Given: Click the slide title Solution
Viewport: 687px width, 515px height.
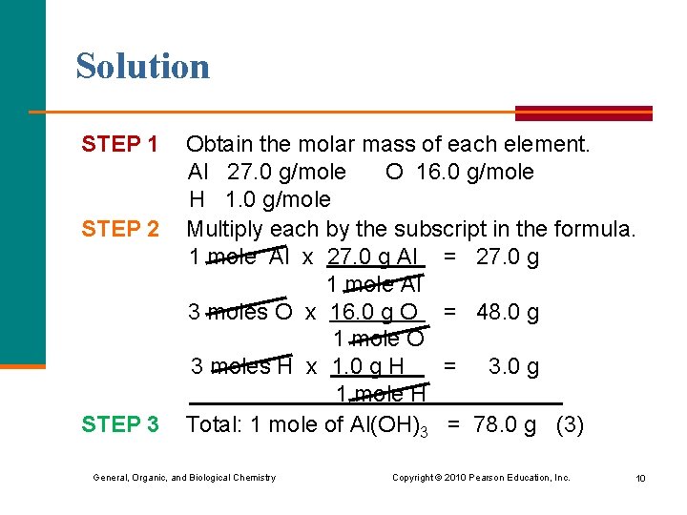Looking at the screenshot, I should coord(142,66).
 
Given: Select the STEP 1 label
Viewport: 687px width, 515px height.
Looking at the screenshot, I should coord(119,145).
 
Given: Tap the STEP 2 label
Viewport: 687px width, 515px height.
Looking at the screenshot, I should coord(119,229).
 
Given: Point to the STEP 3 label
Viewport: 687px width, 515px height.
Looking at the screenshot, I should coord(119,424).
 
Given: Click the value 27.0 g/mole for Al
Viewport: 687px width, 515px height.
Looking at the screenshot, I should coord(286,173).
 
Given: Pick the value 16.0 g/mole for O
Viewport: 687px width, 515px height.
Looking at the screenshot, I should coord(474,173).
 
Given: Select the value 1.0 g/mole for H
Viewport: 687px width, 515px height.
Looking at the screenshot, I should coord(278,200).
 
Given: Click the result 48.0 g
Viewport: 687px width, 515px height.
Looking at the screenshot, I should coord(508,312).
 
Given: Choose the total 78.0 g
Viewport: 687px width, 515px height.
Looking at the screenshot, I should coord(505,424).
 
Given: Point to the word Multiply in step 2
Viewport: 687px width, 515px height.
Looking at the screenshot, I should coord(225,229).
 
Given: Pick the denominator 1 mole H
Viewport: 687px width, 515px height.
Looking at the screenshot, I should coord(380,395).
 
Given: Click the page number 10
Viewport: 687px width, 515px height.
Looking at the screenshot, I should coord(640,478).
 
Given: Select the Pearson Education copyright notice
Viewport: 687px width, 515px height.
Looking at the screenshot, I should coord(481,477).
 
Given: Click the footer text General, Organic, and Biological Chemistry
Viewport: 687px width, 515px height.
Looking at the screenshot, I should coord(184,477).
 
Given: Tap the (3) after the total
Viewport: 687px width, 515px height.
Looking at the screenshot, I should coord(570,424).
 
